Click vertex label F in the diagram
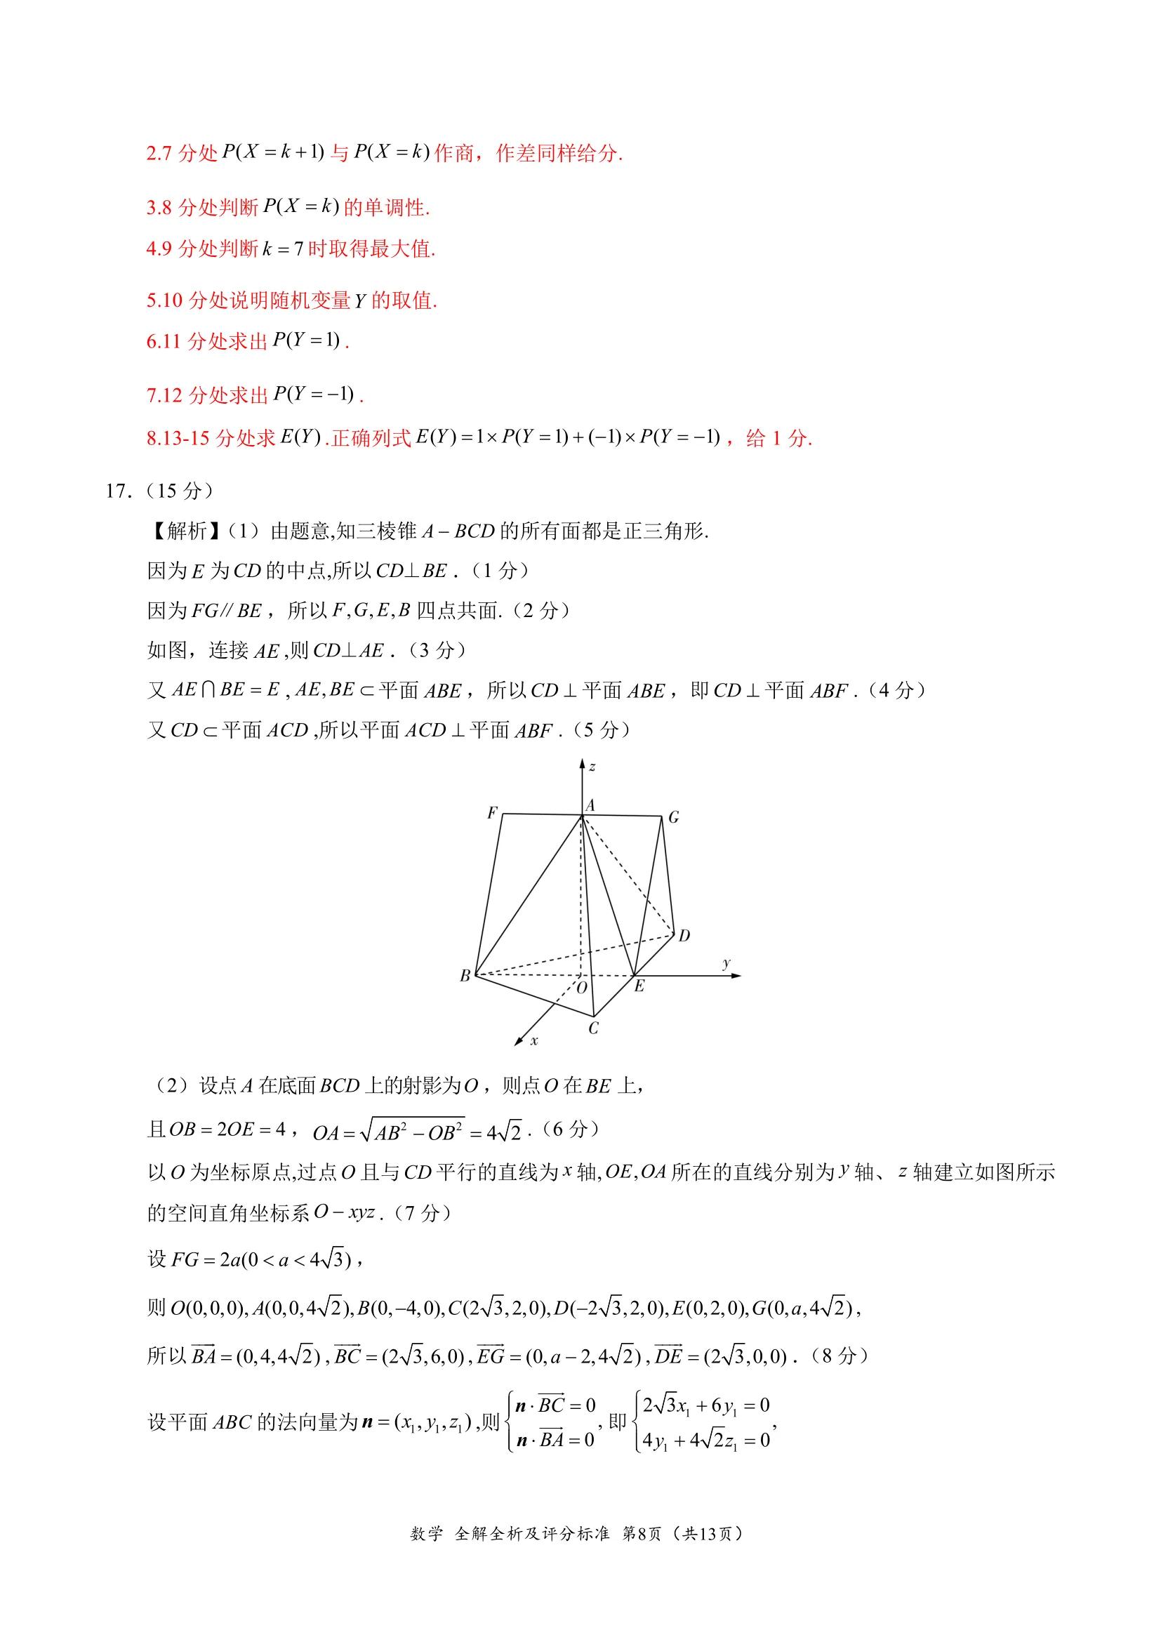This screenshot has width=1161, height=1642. [492, 813]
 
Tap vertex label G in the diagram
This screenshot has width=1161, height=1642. [673, 817]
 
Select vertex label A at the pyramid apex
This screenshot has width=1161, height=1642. [590, 806]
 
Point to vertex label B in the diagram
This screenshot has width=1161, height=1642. [465, 976]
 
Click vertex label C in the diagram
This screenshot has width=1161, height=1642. [593, 1028]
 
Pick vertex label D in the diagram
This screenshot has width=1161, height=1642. [684, 935]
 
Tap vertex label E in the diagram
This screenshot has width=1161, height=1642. [639, 986]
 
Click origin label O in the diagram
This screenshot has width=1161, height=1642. [581, 988]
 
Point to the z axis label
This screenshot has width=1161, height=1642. [592, 767]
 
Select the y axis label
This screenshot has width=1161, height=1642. [727, 963]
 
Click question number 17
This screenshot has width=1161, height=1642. [117, 491]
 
